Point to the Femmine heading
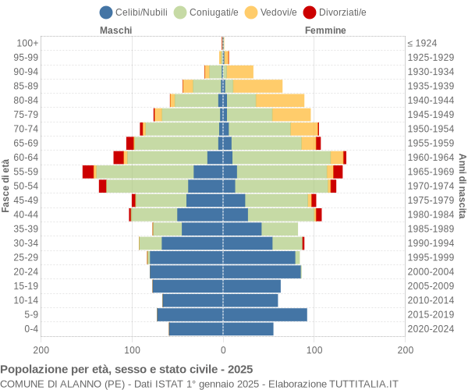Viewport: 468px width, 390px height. coord(325,30)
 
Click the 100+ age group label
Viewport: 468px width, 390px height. coord(27,43)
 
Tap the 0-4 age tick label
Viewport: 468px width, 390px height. coord(30,329)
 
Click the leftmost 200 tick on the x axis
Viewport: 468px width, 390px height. coord(41,351)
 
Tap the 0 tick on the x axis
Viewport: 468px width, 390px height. coord(223,351)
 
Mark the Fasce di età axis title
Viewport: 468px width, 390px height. coord(6,186)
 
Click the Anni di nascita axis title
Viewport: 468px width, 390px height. coord(461,186)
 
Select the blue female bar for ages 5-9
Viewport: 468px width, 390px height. coord(264,314)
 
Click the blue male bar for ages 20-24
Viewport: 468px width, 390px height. coord(186,271)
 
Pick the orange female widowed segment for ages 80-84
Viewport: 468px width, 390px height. coord(280,100)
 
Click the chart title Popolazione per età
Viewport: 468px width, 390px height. coord(126,369)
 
